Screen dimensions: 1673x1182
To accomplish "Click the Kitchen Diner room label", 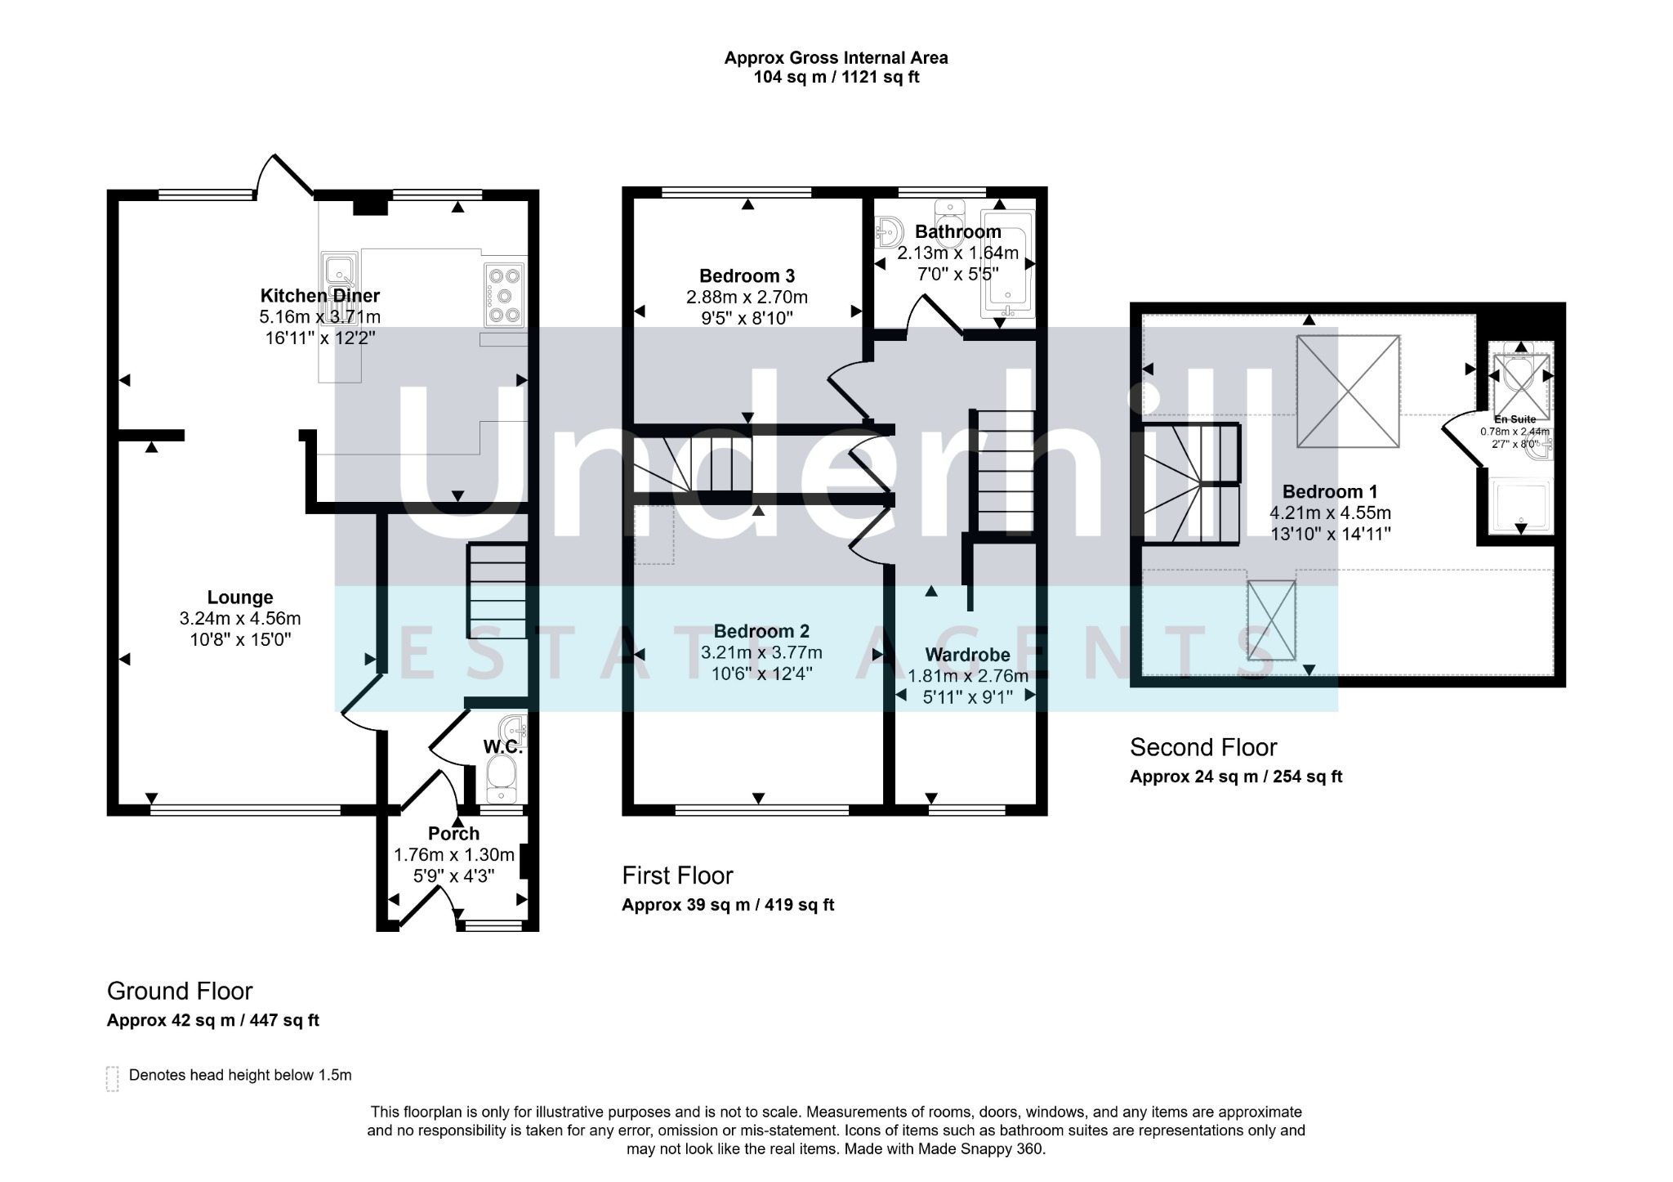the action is click(320, 296).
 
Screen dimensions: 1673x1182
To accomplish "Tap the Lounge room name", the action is click(240, 598).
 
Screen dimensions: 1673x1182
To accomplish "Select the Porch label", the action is click(454, 834).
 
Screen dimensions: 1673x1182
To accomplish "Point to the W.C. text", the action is click(502, 746).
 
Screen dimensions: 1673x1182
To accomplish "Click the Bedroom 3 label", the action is click(747, 276).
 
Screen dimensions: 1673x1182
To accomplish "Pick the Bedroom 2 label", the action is click(761, 631).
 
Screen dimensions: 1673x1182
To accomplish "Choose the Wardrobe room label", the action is click(967, 655).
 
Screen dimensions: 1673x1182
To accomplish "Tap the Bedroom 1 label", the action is click(1330, 491).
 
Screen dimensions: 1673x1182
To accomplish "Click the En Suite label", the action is click(1515, 419).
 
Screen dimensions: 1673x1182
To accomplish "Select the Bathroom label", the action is click(958, 232).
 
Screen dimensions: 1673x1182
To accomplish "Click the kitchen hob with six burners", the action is click(505, 295).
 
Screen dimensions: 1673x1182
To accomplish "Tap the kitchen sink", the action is click(339, 273).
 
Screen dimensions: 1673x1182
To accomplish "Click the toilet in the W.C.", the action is click(500, 778).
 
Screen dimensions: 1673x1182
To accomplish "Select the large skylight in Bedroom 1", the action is click(1348, 392).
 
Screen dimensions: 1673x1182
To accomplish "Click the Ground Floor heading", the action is click(180, 992).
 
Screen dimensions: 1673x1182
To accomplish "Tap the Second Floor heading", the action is click(1203, 747).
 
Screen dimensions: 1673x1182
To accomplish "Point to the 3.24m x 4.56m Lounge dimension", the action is click(240, 619).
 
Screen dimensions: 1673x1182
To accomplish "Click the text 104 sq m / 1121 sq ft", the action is click(836, 78).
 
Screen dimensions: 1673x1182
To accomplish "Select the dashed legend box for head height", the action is click(113, 1079).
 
